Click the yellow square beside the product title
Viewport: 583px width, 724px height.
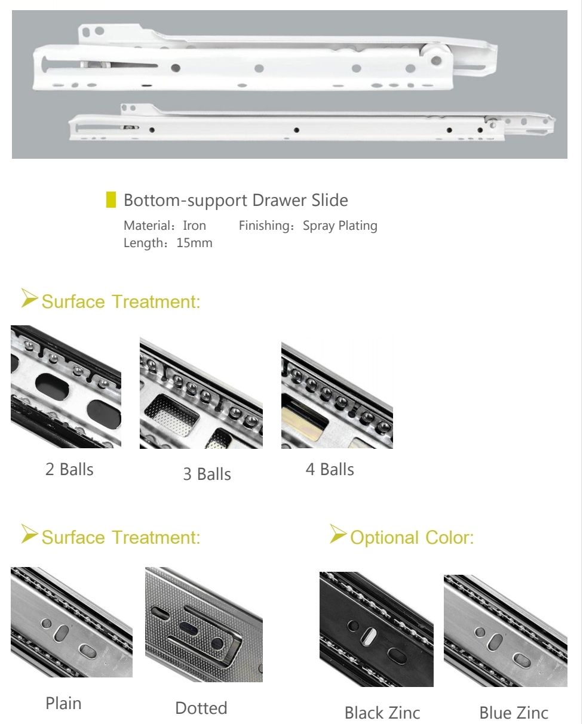coord(111,199)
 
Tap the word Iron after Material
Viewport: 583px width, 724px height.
coord(194,226)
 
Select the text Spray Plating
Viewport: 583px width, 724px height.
coord(340,226)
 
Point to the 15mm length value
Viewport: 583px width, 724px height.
coord(194,243)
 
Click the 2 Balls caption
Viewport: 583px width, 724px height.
coord(69,469)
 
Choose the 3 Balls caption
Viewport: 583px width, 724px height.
coord(207,474)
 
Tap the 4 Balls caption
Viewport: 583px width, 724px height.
coord(330,469)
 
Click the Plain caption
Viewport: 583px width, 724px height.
coord(63,703)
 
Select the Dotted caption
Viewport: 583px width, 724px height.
coord(201,708)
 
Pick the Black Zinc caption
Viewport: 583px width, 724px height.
coord(382,713)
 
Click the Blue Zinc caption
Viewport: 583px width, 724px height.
coord(514,713)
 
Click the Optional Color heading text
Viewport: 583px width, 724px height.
coord(412,537)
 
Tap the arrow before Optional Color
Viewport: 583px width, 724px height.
coord(338,534)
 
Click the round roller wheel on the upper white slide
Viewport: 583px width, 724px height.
coord(435,60)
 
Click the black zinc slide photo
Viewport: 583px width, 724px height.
coord(376,629)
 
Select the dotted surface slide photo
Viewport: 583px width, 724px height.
coord(204,624)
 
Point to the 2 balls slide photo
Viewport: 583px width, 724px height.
coord(66,387)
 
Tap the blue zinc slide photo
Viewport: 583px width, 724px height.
coord(505,631)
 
